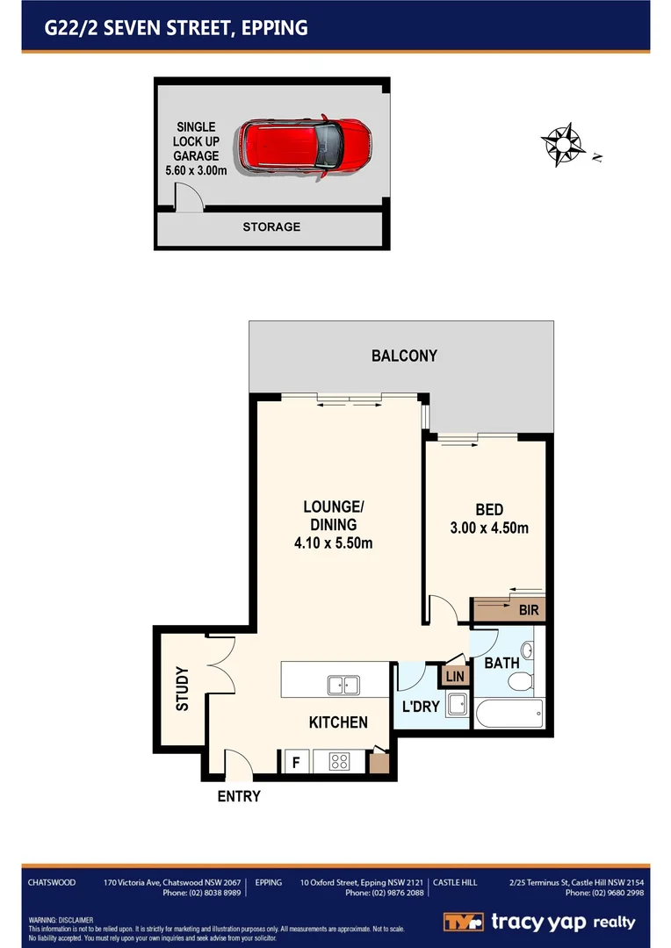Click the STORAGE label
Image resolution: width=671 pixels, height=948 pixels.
(x=271, y=227)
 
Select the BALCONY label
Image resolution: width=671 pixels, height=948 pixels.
(x=404, y=355)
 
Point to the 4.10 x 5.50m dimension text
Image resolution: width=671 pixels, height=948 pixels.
(x=333, y=543)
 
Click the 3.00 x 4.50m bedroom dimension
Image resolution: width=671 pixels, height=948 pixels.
(x=489, y=528)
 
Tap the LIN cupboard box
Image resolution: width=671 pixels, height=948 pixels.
(x=454, y=676)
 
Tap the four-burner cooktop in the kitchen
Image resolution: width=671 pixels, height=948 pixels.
(x=340, y=762)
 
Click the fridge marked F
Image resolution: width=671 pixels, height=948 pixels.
(x=296, y=762)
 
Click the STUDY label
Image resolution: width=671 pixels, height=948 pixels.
(x=183, y=689)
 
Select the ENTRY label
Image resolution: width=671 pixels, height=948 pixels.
(x=239, y=796)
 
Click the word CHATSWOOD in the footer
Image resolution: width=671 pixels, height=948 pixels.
(x=52, y=882)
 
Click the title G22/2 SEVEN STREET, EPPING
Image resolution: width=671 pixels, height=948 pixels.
(x=177, y=28)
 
